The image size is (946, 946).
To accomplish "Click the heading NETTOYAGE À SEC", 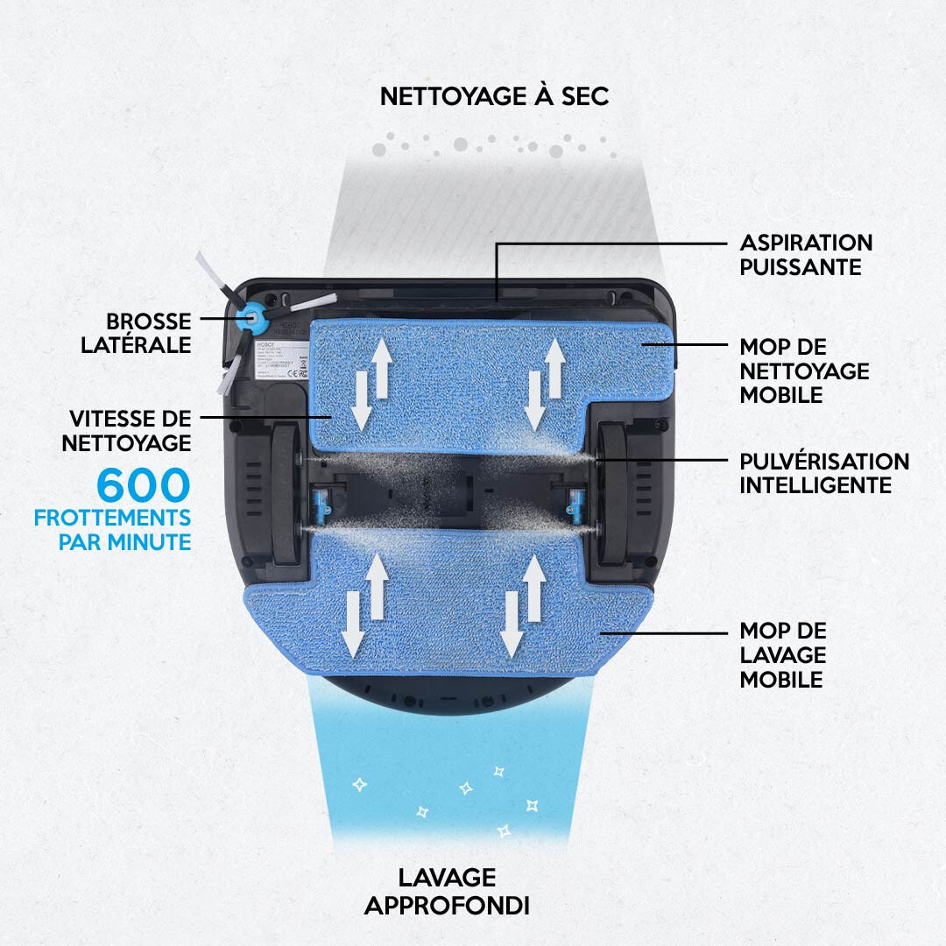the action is [494, 96].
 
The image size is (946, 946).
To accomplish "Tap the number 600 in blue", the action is [143, 485].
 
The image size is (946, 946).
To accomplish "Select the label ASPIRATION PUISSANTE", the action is [806, 254].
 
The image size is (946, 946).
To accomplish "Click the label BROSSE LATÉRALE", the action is [136, 333].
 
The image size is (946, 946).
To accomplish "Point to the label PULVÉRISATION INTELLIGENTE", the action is [824, 473].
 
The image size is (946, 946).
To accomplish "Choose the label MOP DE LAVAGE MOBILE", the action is [783, 655].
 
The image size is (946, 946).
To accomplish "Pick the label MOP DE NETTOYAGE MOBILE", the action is [804, 371].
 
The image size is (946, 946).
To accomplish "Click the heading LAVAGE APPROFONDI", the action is [447, 891].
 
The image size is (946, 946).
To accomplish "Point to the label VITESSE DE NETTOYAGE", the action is [126, 430].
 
